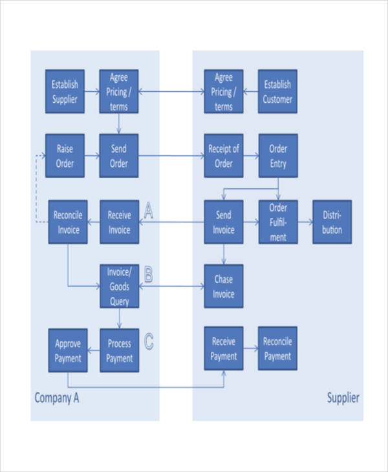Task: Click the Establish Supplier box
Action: (65, 91)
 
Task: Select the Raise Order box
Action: (65, 156)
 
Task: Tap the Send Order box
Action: (119, 156)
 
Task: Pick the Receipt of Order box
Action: (224, 156)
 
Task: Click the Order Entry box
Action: (278, 156)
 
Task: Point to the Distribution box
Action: (332, 222)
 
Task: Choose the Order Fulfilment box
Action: (278, 222)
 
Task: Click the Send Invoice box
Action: (224, 222)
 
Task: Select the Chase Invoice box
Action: (224, 286)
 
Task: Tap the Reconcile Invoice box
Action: (68, 222)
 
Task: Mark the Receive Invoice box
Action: (119, 222)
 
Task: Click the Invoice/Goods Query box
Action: (119, 286)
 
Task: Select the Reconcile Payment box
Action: (278, 348)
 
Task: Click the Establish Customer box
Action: (278, 91)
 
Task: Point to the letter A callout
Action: (148, 210)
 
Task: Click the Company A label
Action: (56, 398)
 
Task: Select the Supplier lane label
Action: (342, 398)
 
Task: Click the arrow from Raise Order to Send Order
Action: (91, 156)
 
